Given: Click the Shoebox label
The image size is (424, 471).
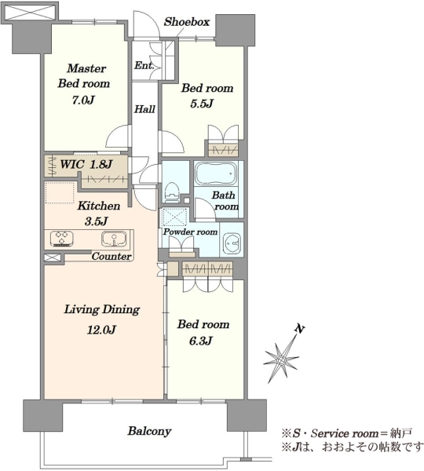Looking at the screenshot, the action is pos(187,22).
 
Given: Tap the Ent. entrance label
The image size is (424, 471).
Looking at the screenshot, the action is pos(144,65).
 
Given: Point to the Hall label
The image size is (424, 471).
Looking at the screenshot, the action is pos(144,109).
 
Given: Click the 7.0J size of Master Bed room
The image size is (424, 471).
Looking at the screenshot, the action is pos(83,100).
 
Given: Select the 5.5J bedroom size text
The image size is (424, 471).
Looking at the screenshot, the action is pos(202,104).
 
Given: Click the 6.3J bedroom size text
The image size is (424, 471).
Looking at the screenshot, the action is pos(201,341).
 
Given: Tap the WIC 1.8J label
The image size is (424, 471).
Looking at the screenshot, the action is pos(86,164).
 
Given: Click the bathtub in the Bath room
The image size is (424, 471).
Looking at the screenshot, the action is pos(216,173).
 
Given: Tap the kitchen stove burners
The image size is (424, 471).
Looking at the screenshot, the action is pos(61,238).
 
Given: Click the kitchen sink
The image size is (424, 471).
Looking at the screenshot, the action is pos(114,239).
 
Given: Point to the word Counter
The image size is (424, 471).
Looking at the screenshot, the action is pos(111,256).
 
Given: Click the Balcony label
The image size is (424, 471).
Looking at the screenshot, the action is pos(149,431).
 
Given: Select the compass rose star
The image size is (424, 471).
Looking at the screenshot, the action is pos(281,360).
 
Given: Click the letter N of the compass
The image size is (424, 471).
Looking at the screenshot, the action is pos(299,329).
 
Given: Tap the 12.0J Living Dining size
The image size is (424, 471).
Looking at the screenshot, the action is pos(101,330).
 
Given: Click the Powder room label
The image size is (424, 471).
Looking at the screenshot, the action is pos(190,232).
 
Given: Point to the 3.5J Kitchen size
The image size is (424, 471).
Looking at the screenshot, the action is pos(96,221).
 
